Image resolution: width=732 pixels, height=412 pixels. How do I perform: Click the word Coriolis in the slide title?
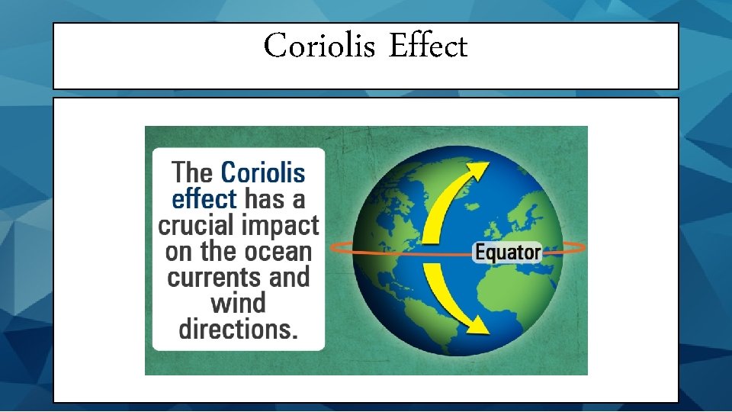[x=319, y=47]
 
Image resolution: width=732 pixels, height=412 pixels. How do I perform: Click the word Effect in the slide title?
[x=428, y=47]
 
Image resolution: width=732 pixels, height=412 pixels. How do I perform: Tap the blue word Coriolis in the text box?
[x=262, y=173]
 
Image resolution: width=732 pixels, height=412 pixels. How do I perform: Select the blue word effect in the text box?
[x=204, y=200]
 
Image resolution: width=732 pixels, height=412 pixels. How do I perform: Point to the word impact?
[x=280, y=227]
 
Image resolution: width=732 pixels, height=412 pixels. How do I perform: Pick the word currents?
[x=215, y=277]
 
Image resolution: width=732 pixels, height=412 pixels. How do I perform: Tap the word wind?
[x=238, y=303]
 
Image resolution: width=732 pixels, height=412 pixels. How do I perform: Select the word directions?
[x=238, y=329]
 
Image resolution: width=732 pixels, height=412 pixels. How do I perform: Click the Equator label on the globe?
[x=507, y=252]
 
